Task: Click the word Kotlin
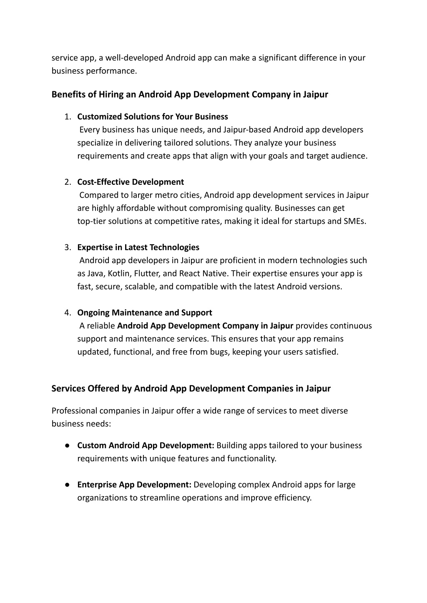120,274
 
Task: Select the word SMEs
355,221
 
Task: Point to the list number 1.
68,117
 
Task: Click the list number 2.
68,182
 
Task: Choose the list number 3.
68,247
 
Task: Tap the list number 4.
68,313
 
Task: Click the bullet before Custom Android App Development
67,445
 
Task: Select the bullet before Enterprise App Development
67,485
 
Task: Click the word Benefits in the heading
68,95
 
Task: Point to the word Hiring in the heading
111,95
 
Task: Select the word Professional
74,411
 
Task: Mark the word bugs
219,352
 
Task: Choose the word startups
309,221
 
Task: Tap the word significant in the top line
277,58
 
